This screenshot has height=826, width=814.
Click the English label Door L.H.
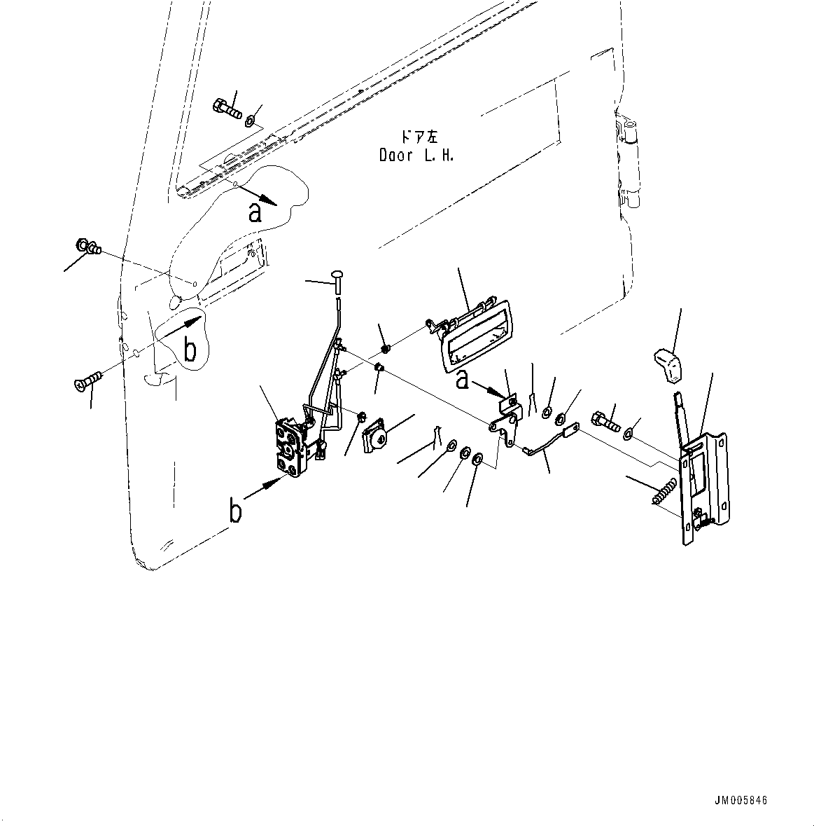click(x=416, y=156)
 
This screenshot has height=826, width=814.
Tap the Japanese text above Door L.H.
click(x=418, y=137)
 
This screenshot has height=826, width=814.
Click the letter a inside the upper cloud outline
click(x=256, y=212)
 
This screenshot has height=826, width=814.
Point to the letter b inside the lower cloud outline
click(x=190, y=351)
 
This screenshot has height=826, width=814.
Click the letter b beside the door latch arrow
click(x=237, y=511)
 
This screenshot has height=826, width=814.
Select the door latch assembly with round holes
click(x=293, y=448)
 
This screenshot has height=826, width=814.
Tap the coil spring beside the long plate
click(x=664, y=489)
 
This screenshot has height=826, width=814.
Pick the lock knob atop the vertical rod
click(x=339, y=273)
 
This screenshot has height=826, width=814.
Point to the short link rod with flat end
click(x=550, y=441)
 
